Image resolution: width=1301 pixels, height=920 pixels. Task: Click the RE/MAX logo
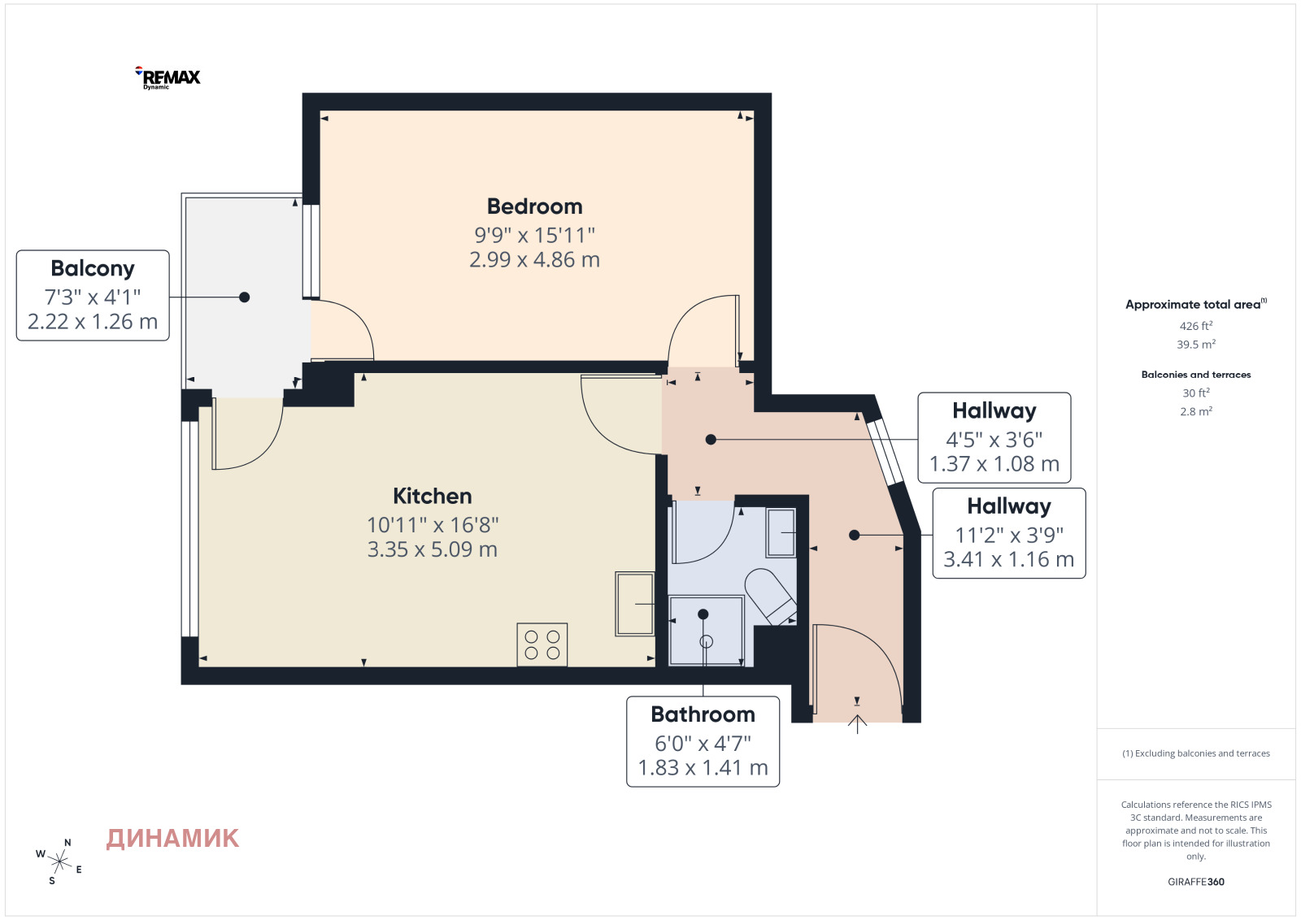[168, 78]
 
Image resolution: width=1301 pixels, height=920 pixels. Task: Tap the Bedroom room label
[534, 206]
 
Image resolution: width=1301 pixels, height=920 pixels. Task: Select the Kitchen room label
[432, 497]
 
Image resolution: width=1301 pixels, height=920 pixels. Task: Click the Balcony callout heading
[93, 269]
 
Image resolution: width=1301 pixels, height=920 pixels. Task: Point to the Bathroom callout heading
[703, 714]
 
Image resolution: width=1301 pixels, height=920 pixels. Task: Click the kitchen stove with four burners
[542, 644]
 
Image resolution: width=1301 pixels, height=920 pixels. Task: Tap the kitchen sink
[635, 604]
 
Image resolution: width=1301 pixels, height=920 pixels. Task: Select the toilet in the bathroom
[770, 596]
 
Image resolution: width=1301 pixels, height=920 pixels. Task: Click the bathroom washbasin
[781, 533]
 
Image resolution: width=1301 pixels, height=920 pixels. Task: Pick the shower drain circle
[707, 642]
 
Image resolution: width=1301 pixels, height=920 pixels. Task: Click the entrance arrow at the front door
[857, 724]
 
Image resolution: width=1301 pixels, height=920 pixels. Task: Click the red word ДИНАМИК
[172, 839]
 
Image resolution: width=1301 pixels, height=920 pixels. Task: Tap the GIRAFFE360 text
[1196, 882]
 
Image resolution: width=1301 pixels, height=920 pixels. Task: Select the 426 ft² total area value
[1196, 326]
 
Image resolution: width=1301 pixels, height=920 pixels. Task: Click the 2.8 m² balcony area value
[1196, 411]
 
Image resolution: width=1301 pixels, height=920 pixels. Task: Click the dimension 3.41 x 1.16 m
[1009, 559]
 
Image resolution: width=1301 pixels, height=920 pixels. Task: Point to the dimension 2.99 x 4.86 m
[534, 259]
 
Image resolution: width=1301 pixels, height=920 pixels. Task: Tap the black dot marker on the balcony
[245, 297]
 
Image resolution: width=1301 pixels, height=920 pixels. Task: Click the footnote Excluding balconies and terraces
[1196, 753]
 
